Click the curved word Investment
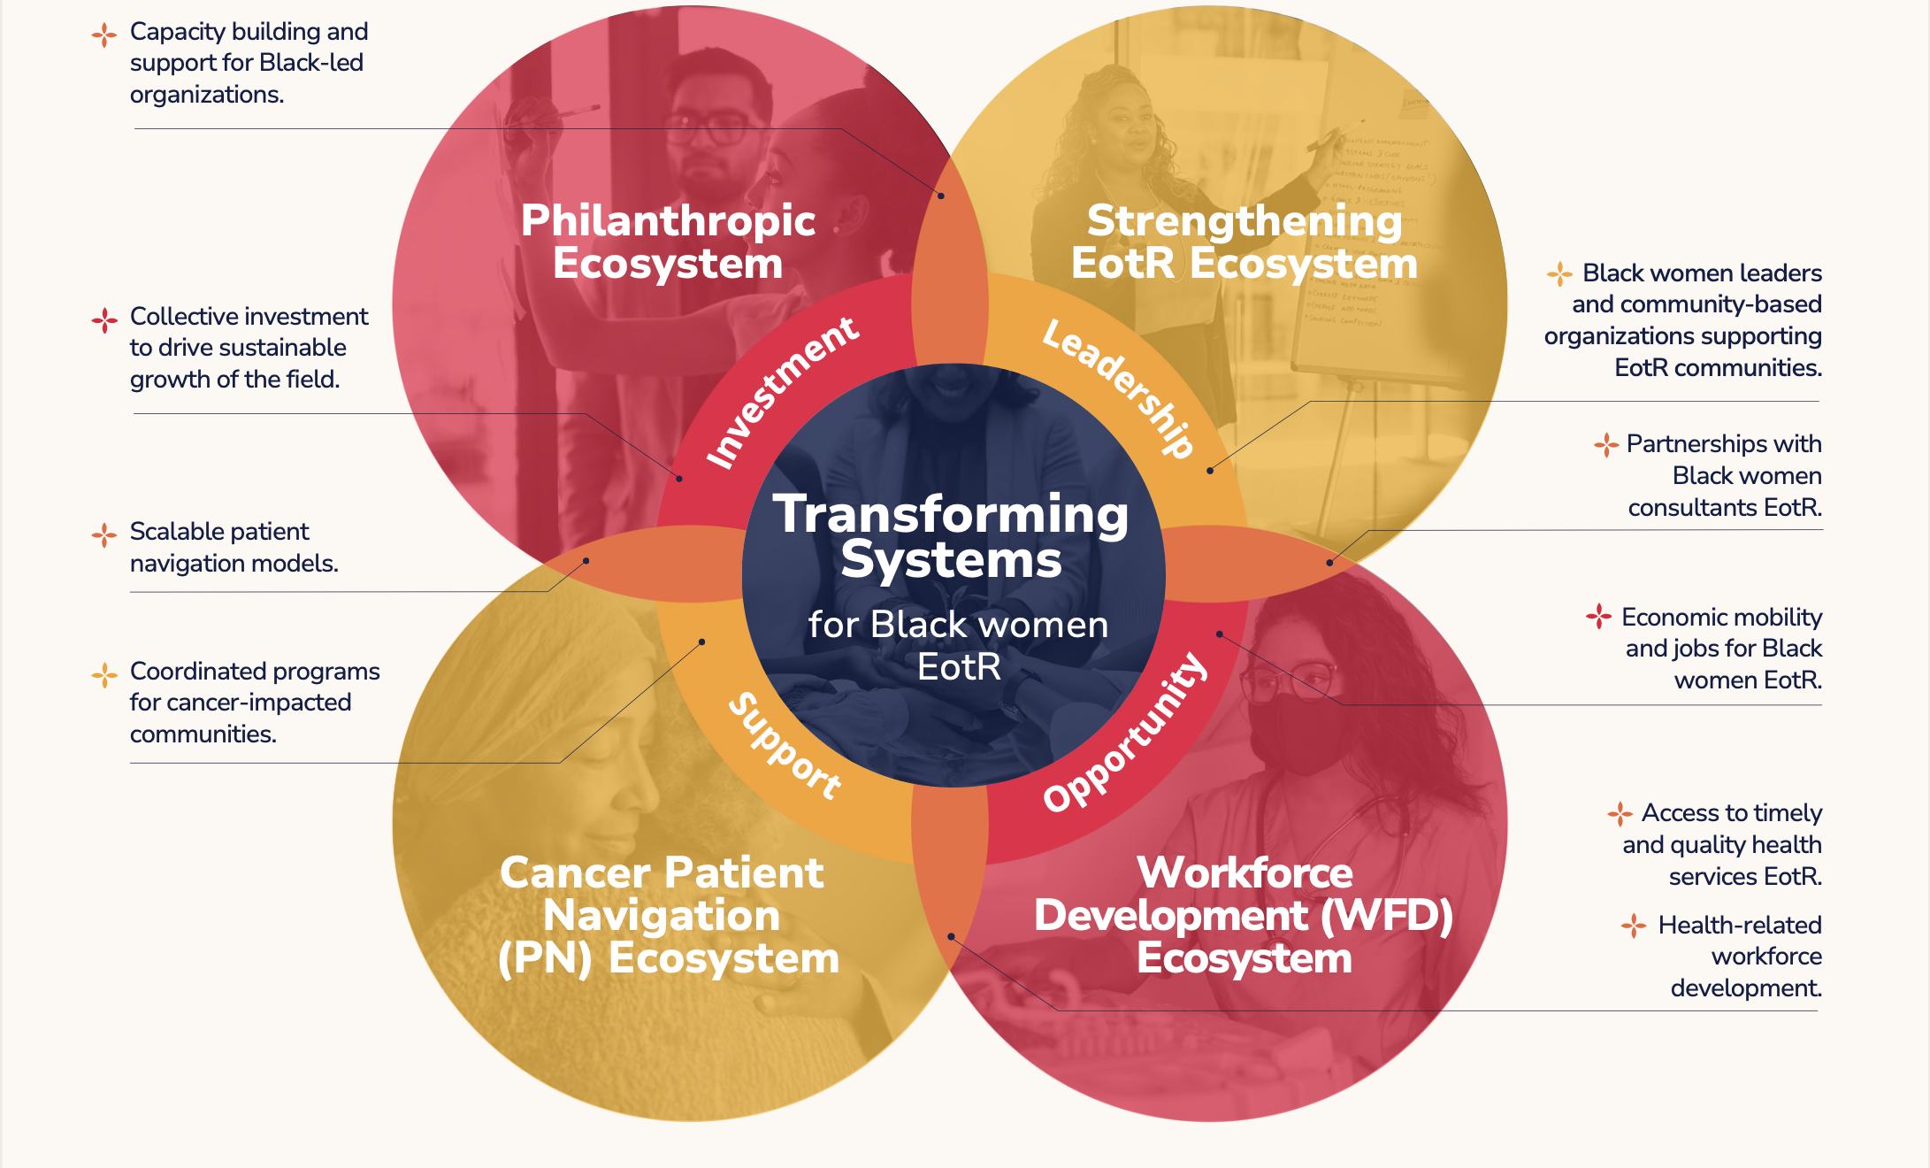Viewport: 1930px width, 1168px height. (782, 392)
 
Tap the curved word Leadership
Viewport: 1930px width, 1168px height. (1120, 387)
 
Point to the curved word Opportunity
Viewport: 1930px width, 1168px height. (1125, 732)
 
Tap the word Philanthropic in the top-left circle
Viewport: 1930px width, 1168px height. (668, 220)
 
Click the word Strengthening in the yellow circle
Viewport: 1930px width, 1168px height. (1245, 220)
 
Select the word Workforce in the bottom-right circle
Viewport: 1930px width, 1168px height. (1245, 872)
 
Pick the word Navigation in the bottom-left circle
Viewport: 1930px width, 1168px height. (662, 915)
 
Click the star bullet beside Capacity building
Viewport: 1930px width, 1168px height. (104, 35)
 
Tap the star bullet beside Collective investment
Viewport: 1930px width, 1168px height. (104, 319)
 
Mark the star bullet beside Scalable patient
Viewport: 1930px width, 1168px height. (104, 534)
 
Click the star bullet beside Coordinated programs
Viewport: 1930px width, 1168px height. (104, 675)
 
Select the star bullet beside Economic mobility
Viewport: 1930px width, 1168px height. (1598, 616)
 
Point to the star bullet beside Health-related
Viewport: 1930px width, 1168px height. (1634, 926)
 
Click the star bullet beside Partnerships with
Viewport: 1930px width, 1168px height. (1606, 444)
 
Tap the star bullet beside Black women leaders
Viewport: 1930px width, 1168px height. (1559, 273)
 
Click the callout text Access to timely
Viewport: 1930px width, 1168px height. (1731, 813)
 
